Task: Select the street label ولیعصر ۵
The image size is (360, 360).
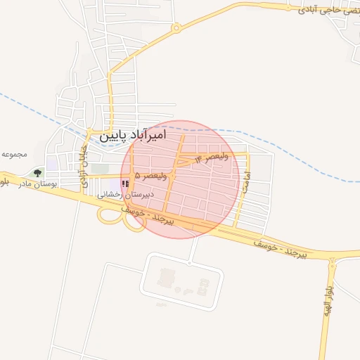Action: tap(151, 174)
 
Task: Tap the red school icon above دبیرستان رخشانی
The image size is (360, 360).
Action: tap(125, 184)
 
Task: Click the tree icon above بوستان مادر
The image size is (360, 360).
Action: tap(37, 172)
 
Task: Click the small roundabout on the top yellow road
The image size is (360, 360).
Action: tap(176, 29)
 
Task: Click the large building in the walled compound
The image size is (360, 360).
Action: tap(166, 277)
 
